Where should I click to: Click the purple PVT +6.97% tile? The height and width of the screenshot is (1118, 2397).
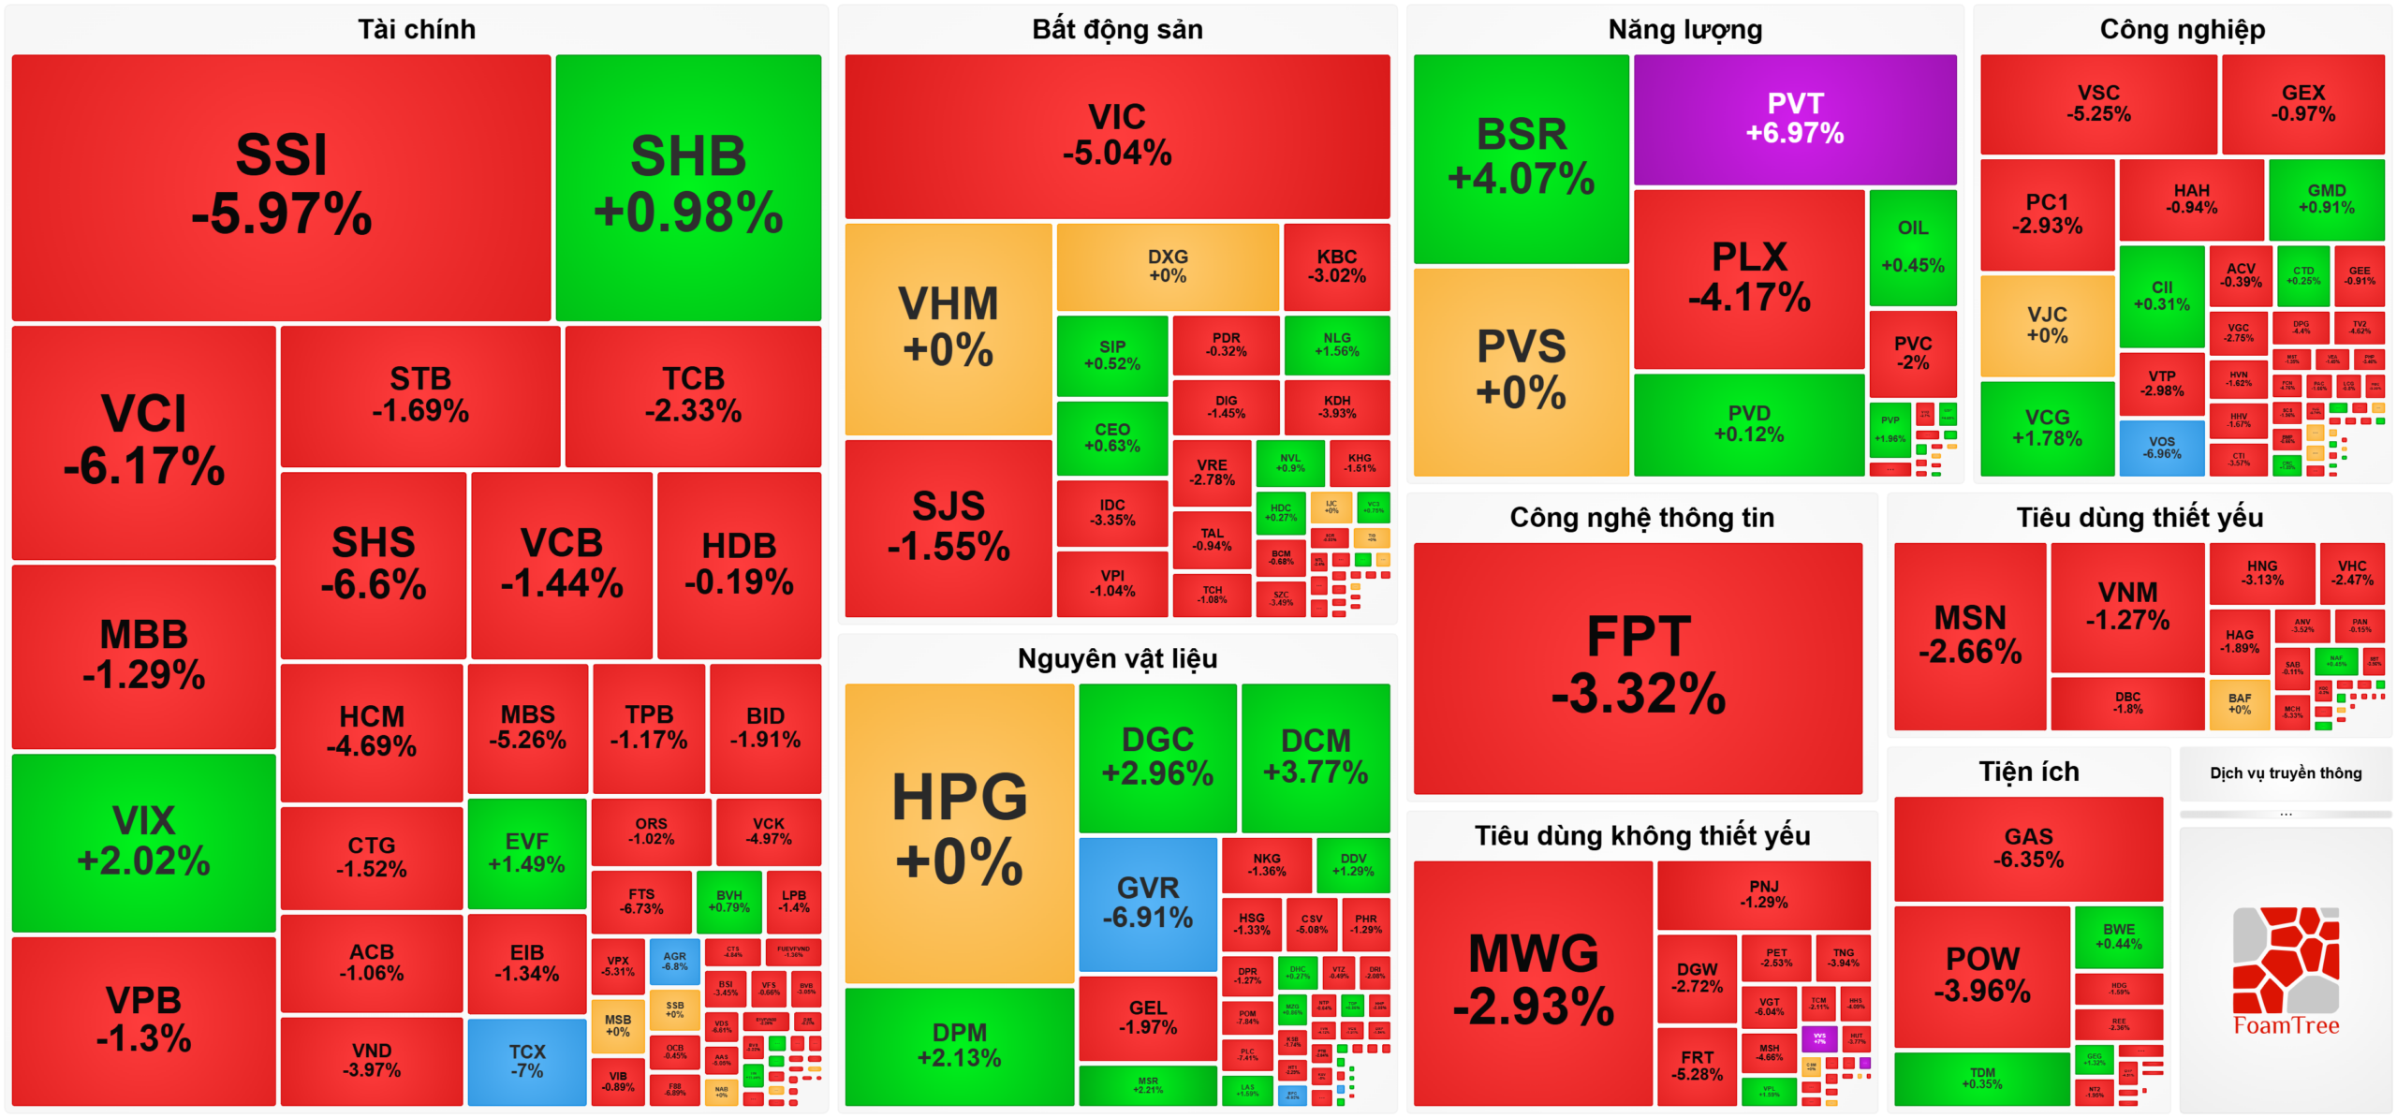pyautogui.click(x=1794, y=119)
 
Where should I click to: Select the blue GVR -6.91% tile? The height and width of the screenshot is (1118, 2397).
pyautogui.click(x=1147, y=903)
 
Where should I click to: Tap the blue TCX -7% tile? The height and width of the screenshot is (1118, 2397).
pyautogui.click(x=526, y=1060)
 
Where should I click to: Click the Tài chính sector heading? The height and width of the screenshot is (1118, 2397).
pyautogui.click(x=417, y=29)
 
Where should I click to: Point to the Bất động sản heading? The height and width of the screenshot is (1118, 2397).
pyautogui.click(x=1117, y=29)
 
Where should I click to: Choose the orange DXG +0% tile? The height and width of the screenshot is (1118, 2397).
pyautogui.click(x=1167, y=266)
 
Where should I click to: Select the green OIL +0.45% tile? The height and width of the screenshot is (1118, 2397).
pyautogui.click(x=1912, y=246)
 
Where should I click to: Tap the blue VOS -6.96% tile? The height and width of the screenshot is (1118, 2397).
pyautogui.click(x=2161, y=447)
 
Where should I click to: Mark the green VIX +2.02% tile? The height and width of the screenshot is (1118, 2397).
pyautogui.click(x=143, y=840)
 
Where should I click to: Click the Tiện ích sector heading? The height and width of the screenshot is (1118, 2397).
pyautogui.click(x=2028, y=771)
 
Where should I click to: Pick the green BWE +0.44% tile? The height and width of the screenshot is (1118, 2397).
pyautogui.click(x=2118, y=935)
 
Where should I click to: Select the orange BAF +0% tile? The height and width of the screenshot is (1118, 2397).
pyautogui.click(x=2239, y=703)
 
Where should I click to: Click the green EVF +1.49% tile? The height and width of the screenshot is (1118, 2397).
pyautogui.click(x=526, y=852)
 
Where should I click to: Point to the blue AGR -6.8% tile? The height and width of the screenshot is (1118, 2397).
pyautogui.click(x=674, y=962)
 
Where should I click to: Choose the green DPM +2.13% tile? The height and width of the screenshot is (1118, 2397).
pyautogui.click(x=959, y=1045)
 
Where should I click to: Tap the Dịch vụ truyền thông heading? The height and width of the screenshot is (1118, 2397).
pyautogui.click(x=2285, y=772)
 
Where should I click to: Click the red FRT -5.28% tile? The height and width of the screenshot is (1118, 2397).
pyautogui.click(x=1697, y=1066)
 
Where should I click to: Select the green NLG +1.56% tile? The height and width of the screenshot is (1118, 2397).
pyautogui.click(x=1336, y=344)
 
